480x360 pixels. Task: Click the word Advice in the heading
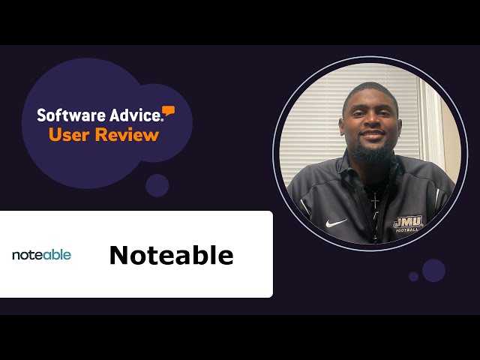132,115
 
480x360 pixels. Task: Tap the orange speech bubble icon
169,112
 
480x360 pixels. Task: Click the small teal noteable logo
41,255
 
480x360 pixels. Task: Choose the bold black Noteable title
171,256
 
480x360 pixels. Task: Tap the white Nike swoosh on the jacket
335,223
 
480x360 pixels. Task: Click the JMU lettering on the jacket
408,221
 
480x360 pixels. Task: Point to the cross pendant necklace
374,200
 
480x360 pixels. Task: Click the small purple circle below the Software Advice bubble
157,185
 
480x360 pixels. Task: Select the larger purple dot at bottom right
433,270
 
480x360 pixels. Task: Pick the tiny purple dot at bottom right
414,277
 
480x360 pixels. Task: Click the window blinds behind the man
315,127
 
